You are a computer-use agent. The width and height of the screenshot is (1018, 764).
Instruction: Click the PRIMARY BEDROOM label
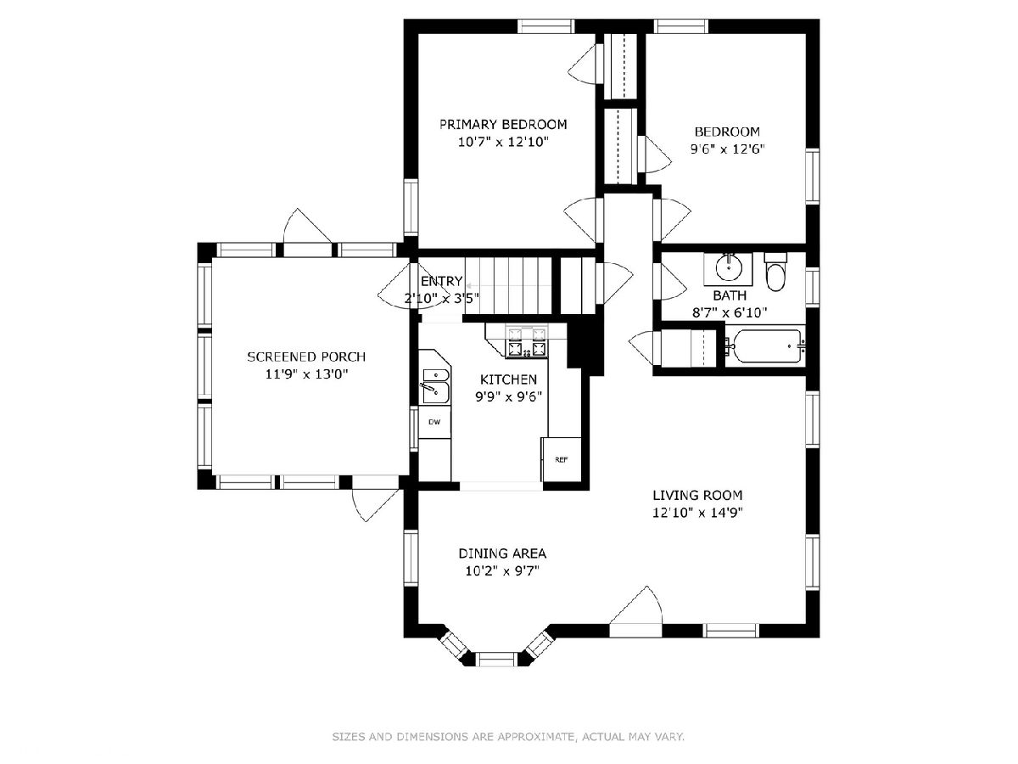click(x=503, y=124)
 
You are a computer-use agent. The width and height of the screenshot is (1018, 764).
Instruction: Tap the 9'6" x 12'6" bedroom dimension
click(x=727, y=149)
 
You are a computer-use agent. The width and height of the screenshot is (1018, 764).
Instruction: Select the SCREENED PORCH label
click(x=306, y=357)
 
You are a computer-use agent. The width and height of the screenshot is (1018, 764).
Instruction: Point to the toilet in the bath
click(x=775, y=272)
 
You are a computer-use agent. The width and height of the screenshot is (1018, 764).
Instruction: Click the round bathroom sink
click(x=728, y=267)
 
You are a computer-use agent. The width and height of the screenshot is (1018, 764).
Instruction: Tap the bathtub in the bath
click(x=766, y=346)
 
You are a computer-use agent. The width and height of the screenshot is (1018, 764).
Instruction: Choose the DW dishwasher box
click(x=434, y=422)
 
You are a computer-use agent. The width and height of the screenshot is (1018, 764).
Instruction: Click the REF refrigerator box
click(x=562, y=460)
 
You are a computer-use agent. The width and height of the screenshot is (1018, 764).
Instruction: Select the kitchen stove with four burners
click(x=527, y=341)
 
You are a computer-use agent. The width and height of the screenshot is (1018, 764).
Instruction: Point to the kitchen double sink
click(x=435, y=386)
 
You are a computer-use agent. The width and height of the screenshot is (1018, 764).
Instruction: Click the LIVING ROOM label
click(x=697, y=496)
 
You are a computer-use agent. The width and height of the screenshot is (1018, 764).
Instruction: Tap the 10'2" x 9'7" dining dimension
click(x=502, y=570)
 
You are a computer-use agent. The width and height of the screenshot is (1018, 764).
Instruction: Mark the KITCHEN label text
click(x=508, y=379)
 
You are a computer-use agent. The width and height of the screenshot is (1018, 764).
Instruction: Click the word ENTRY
click(x=441, y=281)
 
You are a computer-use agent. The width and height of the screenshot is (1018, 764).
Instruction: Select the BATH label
click(x=730, y=295)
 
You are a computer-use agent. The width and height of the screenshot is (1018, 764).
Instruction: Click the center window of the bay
click(x=497, y=659)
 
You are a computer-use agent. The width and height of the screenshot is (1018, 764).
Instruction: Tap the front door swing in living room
click(x=636, y=611)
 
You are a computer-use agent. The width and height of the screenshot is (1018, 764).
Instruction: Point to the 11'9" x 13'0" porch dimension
click(x=306, y=374)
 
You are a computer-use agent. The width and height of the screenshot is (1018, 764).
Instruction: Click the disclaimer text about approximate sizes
click(x=508, y=737)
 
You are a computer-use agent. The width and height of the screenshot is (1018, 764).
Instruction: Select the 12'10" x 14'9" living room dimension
click(x=697, y=513)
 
